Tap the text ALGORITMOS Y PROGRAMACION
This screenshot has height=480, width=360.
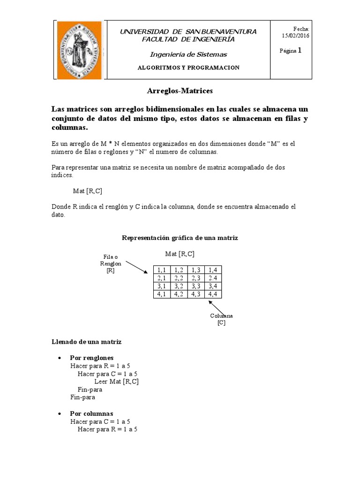188,67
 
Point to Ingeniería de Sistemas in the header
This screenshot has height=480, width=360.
188,54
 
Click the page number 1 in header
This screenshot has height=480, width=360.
299,51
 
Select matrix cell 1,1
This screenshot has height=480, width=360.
162,270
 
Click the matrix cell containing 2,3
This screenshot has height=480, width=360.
195,278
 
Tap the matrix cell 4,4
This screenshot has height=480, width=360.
213,294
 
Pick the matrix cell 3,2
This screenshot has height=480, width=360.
179,286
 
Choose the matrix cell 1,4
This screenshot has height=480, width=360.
213,270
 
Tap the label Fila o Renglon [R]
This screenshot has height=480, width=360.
111,263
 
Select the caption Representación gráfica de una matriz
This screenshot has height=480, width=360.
180,238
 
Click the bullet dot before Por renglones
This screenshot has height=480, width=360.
59,358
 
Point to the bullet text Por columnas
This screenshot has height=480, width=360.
91,414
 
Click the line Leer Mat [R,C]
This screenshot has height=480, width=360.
116,382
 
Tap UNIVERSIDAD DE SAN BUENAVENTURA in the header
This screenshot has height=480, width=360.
188,31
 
